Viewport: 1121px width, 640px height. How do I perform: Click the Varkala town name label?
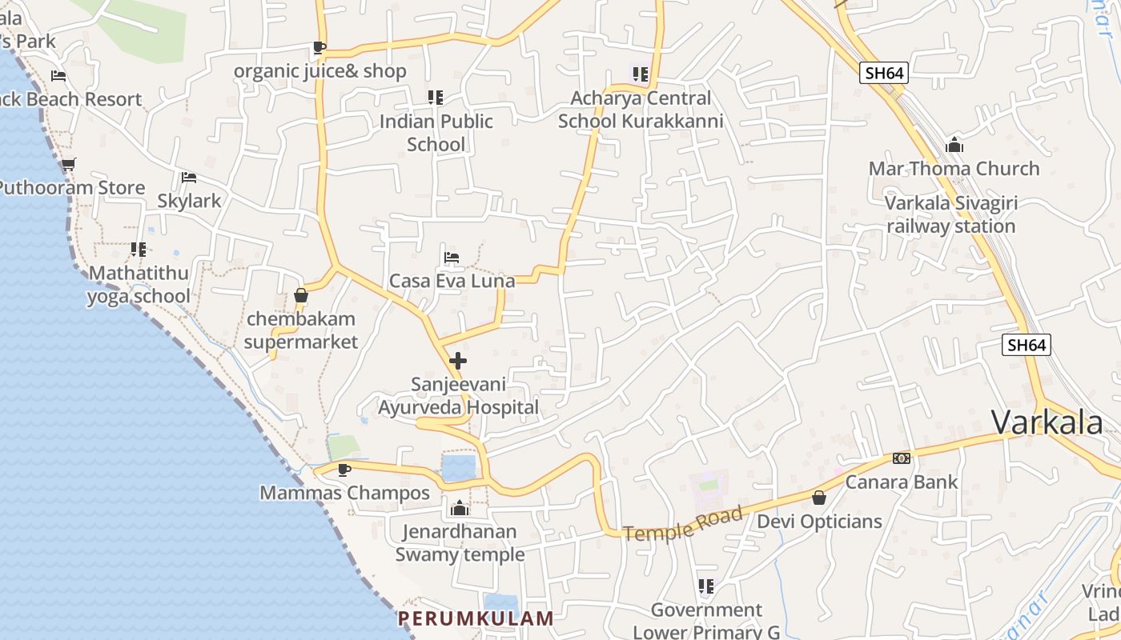tap(1047, 422)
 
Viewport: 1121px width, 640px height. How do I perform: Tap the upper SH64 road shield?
tap(885, 73)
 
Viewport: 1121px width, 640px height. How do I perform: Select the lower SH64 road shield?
tap(1027, 345)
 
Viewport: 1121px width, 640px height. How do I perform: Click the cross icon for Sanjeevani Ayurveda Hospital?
tap(458, 361)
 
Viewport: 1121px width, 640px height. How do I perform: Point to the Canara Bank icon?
tap(902, 458)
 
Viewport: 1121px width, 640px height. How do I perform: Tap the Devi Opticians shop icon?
tap(819, 498)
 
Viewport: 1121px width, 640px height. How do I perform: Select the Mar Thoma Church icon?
tap(954, 146)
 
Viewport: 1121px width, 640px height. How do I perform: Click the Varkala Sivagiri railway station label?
tap(951, 214)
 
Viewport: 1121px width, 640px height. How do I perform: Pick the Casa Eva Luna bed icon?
tap(452, 258)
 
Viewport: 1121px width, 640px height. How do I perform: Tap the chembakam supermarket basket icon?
tap(301, 295)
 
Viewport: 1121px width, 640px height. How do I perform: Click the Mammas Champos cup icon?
tap(344, 470)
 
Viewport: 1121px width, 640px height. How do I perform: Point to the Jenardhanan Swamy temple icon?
tap(460, 508)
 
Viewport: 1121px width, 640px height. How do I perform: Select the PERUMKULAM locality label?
tap(476, 618)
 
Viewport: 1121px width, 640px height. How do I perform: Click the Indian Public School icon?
tap(436, 98)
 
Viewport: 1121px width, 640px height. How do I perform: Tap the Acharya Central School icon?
tap(640, 74)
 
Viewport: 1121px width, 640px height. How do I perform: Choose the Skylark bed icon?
tap(189, 178)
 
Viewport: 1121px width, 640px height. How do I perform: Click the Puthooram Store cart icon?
tap(69, 165)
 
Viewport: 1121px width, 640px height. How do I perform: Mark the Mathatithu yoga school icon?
tap(139, 250)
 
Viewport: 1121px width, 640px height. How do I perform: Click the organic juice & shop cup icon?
tap(319, 47)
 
